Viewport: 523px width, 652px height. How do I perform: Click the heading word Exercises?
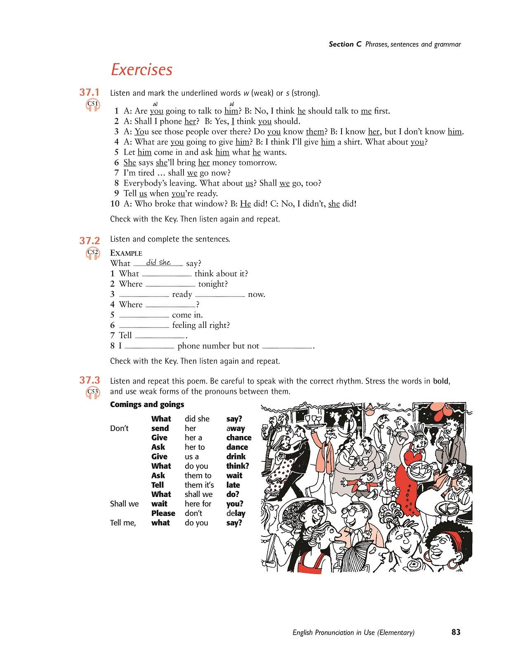click(141, 69)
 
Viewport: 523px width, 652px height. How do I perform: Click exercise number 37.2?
click(90, 240)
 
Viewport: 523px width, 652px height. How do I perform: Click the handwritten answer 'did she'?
click(158, 263)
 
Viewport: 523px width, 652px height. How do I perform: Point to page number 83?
click(456, 632)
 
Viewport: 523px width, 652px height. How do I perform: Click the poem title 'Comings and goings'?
click(147, 405)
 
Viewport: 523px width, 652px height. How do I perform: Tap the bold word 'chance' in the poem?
click(239, 438)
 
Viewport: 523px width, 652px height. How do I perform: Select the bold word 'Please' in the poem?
click(163, 513)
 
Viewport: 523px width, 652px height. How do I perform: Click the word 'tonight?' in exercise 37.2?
click(213, 284)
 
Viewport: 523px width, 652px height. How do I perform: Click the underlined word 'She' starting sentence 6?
click(130, 162)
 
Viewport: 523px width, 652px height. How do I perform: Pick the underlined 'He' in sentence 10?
click(245, 204)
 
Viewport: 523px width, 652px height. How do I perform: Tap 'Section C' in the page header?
click(341, 45)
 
